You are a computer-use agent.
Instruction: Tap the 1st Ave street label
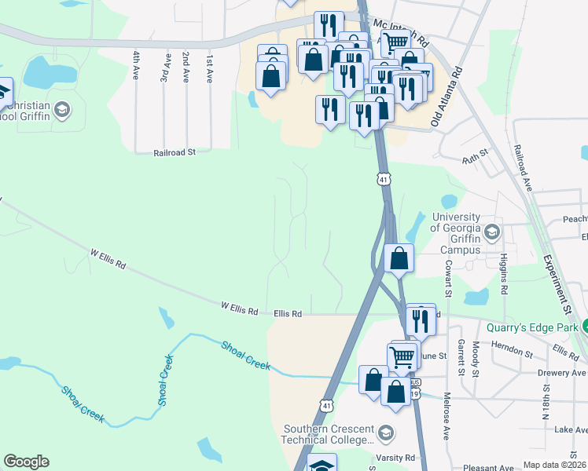pyautogui.click(x=209, y=69)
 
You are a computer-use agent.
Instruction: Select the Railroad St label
pyautogui.click(x=174, y=154)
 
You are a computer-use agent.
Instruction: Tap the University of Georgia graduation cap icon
pyautogui.click(x=492, y=231)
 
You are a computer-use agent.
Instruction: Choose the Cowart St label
pyautogui.click(x=447, y=279)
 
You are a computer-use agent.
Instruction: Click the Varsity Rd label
pyautogui.click(x=399, y=457)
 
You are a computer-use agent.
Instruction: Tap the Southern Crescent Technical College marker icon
pyautogui.click(x=386, y=433)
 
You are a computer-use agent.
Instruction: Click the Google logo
pyautogui.click(x=26, y=462)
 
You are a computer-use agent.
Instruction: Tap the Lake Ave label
pyautogui.click(x=570, y=430)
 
